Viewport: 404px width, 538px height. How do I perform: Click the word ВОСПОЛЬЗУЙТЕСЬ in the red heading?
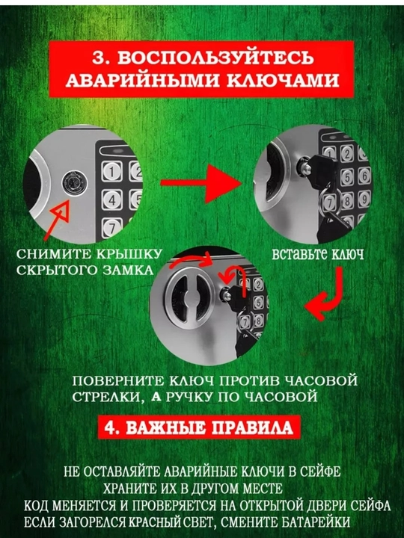point(215,58)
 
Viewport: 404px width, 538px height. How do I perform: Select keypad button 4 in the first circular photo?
point(112,200)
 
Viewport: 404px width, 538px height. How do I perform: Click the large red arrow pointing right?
point(201,184)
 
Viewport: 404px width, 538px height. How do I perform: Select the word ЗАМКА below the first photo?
point(128,270)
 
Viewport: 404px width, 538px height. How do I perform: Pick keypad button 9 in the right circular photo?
point(364,199)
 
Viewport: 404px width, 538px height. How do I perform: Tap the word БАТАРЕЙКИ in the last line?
point(316,522)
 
